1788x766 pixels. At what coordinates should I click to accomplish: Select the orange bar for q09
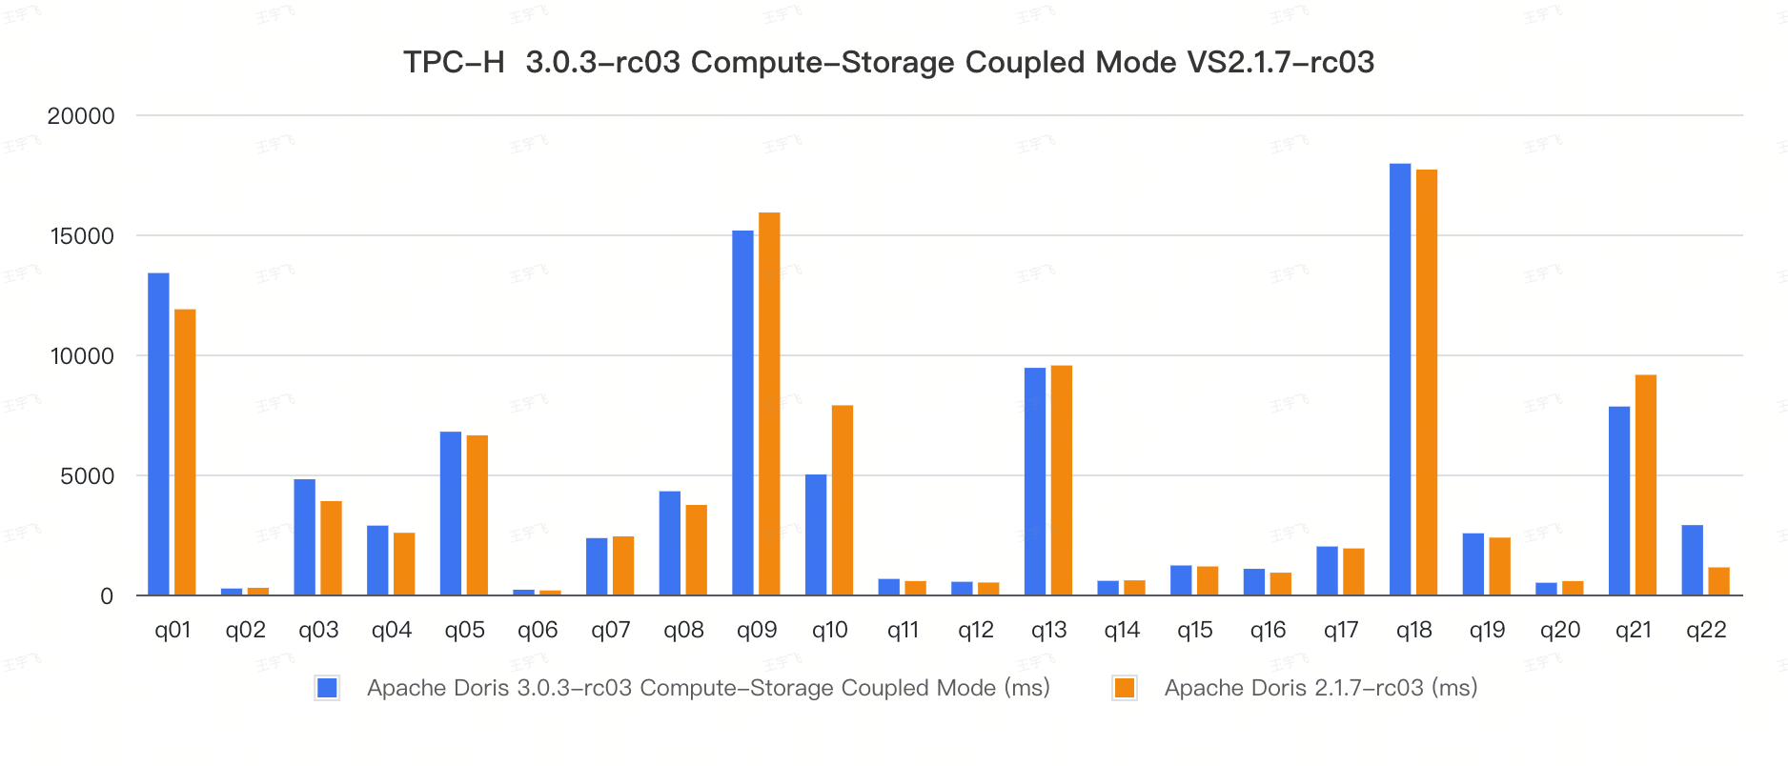point(769,404)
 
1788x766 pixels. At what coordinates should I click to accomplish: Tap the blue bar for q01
point(158,433)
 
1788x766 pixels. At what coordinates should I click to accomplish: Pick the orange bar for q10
point(843,500)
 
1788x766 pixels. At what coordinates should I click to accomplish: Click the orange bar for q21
point(1646,485)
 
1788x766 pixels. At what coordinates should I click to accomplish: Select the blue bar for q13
point(1035,481)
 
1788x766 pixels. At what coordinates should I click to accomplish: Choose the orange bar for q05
point(477,515)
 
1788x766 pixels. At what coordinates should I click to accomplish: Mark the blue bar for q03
point(305,537)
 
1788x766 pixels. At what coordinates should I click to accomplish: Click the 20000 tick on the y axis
point(81,116)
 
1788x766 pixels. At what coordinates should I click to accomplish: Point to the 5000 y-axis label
point(87,476)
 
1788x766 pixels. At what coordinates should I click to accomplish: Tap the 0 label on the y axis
point(107,596)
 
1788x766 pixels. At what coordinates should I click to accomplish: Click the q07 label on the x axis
point(611,630)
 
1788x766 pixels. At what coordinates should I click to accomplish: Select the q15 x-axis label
point(1195,630)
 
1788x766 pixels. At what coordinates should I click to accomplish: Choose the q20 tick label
point(1560,630)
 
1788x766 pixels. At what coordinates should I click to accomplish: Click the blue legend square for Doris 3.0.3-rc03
point(327,688)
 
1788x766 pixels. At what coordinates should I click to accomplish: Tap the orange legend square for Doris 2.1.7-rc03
point(1125,688)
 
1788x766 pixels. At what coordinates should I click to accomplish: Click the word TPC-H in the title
point(454,63)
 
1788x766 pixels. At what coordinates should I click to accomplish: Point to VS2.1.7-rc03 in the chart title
point(1280,63)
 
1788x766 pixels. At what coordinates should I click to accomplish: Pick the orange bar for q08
point(697,550)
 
